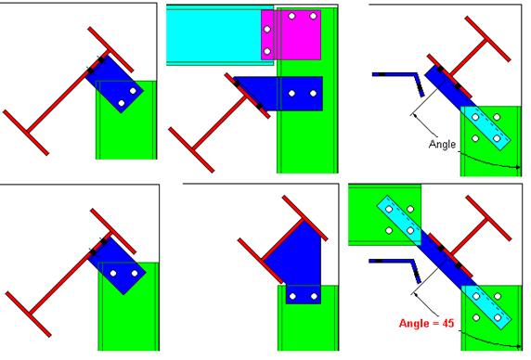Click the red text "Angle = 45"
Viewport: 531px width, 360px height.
point(426,323)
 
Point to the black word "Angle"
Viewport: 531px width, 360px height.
point(442,145)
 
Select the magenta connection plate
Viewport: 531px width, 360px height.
point(291,35)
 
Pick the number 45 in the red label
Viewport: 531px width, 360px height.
point(447,323)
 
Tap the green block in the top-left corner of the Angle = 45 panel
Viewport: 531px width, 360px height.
point(384,214)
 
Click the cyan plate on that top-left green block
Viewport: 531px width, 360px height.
point(399,220)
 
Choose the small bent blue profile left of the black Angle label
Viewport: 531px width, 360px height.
point(399,83)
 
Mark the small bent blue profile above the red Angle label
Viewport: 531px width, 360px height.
point(395,269)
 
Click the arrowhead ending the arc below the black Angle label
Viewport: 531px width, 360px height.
point(517,167)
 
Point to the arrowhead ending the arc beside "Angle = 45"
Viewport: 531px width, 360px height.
point(518,346)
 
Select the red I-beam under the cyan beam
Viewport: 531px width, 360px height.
point(219,122)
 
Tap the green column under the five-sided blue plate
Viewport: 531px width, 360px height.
point(308,318)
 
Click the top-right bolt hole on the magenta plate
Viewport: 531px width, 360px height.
point(313,16)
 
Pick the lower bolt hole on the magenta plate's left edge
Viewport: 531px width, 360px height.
point(267,51)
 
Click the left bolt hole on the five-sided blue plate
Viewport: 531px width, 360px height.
point(293,296)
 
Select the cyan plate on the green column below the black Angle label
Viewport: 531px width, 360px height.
point(486,127)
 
